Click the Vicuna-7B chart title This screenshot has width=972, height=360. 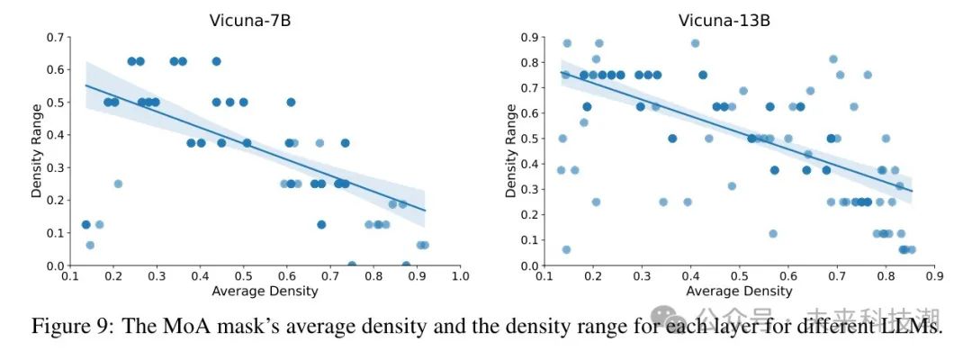[x=265, y=19]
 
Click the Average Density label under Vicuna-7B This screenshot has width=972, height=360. [x=265, y=292]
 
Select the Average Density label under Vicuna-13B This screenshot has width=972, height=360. [x=739, y=292]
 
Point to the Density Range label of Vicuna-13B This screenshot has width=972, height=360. [x=511, y=151]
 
